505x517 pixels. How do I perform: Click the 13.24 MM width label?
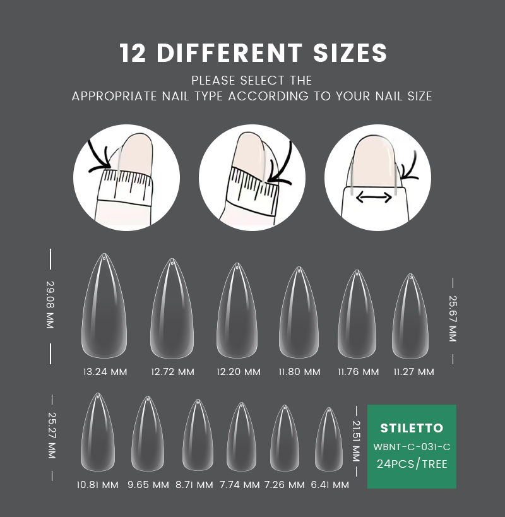pos(105,372)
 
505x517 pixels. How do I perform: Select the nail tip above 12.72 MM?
pos(172,309)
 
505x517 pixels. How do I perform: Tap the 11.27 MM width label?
pos(413,372)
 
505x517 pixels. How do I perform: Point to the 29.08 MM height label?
pos(50,305)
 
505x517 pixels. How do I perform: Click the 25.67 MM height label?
pos(453,319)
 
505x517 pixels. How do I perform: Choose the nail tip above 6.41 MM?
pos(329,439)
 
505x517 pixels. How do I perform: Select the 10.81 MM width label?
pos(97,485)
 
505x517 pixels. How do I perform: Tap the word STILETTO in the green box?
pos(412,428)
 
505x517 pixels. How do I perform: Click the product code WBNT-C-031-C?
pos(412,447)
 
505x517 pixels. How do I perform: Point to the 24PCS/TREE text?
pos(412,464)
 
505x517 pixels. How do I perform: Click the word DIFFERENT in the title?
pos(229,53)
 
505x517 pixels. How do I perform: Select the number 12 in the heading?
pos(133,53)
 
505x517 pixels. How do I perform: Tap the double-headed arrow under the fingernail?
pos(374,198)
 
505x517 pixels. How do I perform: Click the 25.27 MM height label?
pos(52,435)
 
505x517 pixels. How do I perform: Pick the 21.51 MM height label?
pos(356,441)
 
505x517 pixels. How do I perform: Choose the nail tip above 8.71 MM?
pos(198,435)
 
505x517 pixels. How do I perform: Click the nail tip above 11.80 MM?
pos(299,312)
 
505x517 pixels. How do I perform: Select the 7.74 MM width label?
pos(240,485)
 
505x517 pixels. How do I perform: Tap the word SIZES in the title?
pos(350,53)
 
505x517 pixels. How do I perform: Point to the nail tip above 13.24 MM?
pos(104,306)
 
